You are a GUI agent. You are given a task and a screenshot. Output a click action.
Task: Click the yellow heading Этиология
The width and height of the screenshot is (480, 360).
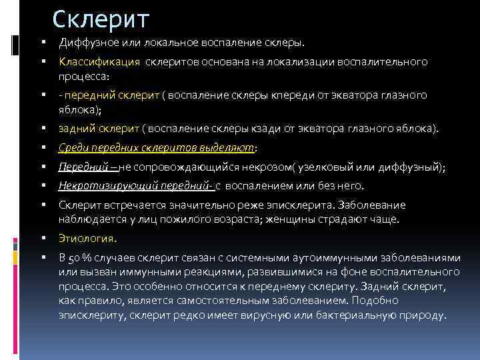pyautogui.click(x=87, y=237)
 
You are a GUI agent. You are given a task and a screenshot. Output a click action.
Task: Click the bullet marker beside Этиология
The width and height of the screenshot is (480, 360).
pyautogui.click(x=42, y=237)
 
